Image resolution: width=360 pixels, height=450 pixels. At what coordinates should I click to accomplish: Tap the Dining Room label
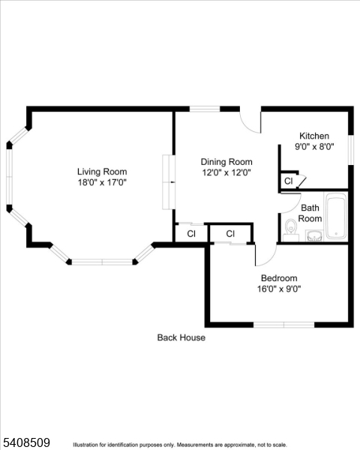click(x=226, y=161)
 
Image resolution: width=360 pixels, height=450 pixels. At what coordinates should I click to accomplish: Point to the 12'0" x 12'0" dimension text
click(x=226, y=172)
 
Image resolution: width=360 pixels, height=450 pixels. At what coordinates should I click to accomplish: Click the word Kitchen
click(x=313, y=136)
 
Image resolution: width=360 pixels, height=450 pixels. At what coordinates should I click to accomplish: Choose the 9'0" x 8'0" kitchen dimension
click(x=313, y=147)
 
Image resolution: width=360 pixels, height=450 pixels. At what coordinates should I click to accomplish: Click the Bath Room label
click(x=310, y=213)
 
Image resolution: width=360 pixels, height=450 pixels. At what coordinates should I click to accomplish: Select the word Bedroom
click(x=279, y=277)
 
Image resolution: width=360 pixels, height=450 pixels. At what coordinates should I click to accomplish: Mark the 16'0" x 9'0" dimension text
click(x=279, y=289)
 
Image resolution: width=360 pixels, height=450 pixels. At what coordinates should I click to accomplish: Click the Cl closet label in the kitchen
click(x=288, y=181)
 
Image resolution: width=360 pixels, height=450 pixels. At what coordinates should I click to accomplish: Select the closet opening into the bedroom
click(x=230, y=234)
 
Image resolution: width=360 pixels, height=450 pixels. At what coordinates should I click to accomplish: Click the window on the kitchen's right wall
click(x=351, y=148)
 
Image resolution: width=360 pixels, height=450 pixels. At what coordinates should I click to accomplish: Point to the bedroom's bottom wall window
click(x=283, y=324)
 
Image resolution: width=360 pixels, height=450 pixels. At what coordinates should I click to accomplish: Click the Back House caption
click(x=181, y=337)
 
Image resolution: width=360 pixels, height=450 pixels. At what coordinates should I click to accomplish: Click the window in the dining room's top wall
click(x=204, y=109)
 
